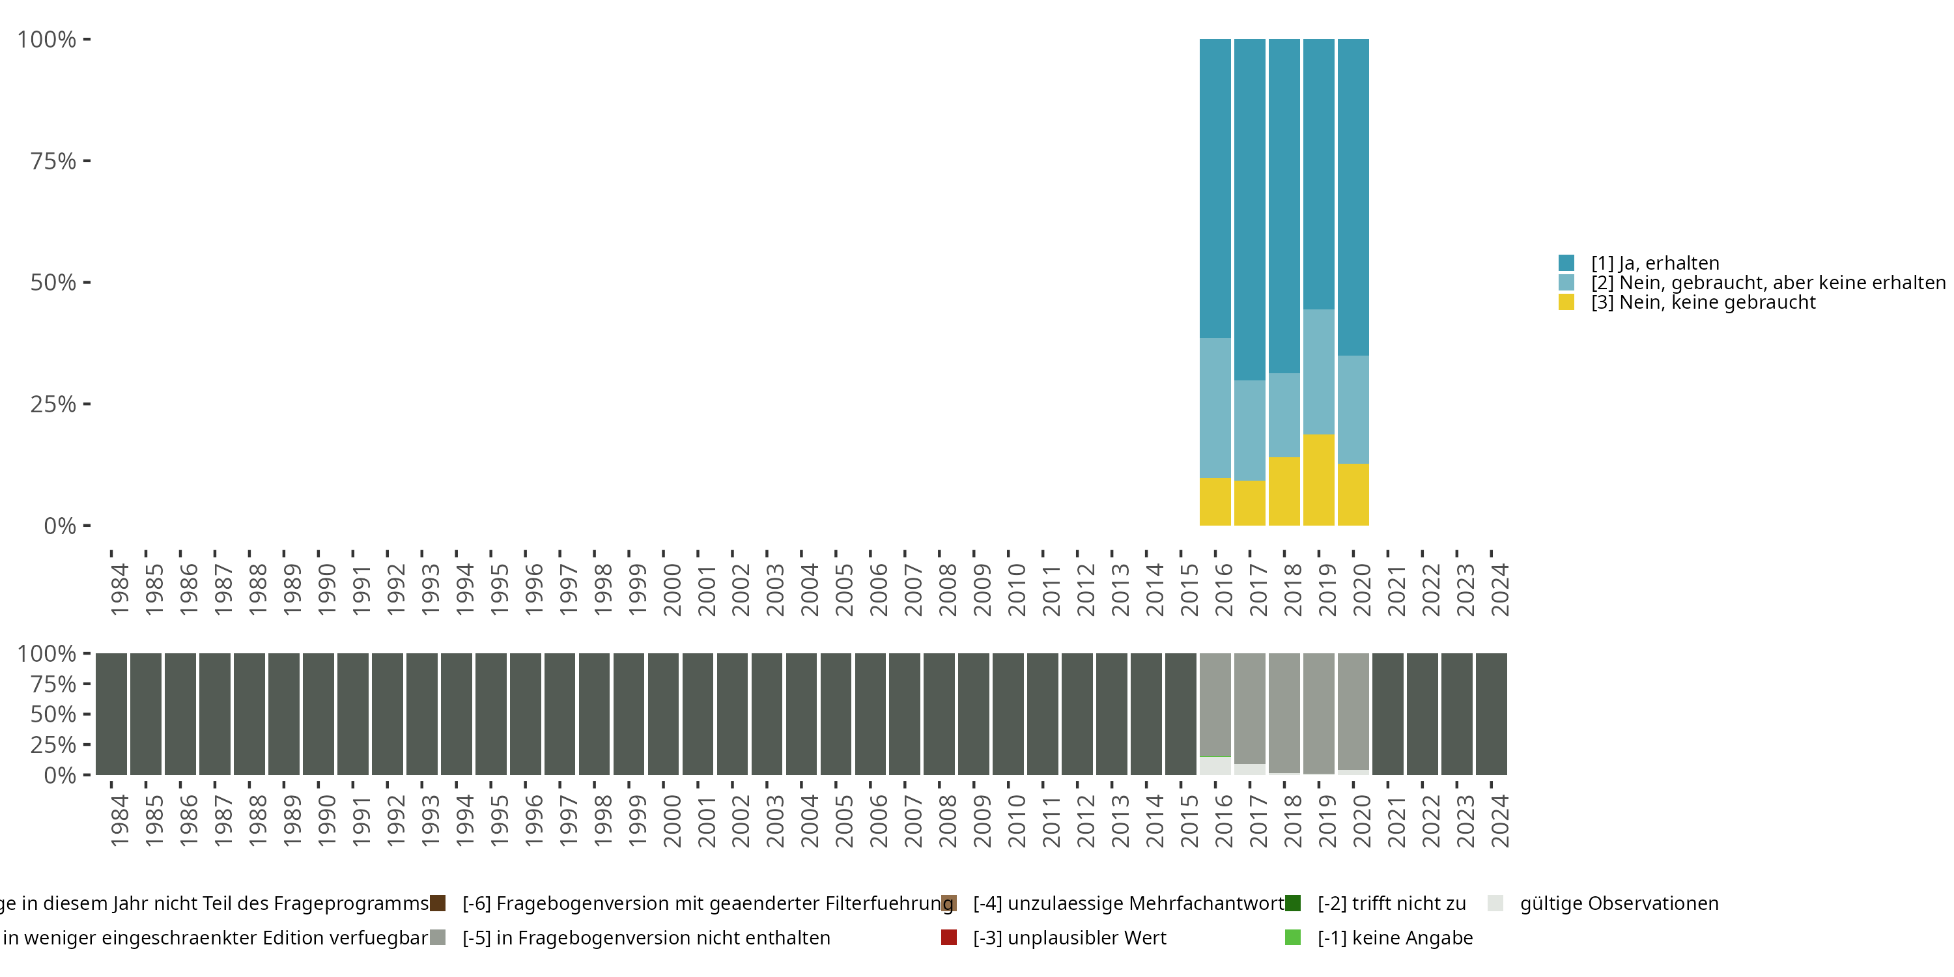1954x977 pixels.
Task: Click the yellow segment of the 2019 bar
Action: tap(1318, 479)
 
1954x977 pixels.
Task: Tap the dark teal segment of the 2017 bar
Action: tap(1249, 209)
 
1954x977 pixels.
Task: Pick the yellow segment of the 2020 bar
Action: tap(1353, 494)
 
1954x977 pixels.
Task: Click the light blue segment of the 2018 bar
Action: tap(1284, 415)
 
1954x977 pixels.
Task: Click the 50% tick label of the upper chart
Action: tap(53, 283)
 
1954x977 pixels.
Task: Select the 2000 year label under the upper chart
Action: tap(672, 590)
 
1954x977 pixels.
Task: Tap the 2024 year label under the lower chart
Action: tap(1499, 821)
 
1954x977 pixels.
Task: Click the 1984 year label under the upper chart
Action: tap(120, 590)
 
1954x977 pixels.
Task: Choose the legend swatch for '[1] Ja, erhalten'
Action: tap(1566, 263)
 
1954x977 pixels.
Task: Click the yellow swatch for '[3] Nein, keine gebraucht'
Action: tap(1566, 303)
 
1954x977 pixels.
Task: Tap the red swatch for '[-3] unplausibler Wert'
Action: tap(949, 937)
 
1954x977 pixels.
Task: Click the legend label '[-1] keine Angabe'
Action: tap(1395, 937)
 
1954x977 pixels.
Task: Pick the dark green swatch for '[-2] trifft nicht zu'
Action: tap(1294, 903)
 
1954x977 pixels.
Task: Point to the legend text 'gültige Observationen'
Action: tap(1619, 903)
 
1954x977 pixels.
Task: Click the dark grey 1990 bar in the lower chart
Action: tap(319, 714)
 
